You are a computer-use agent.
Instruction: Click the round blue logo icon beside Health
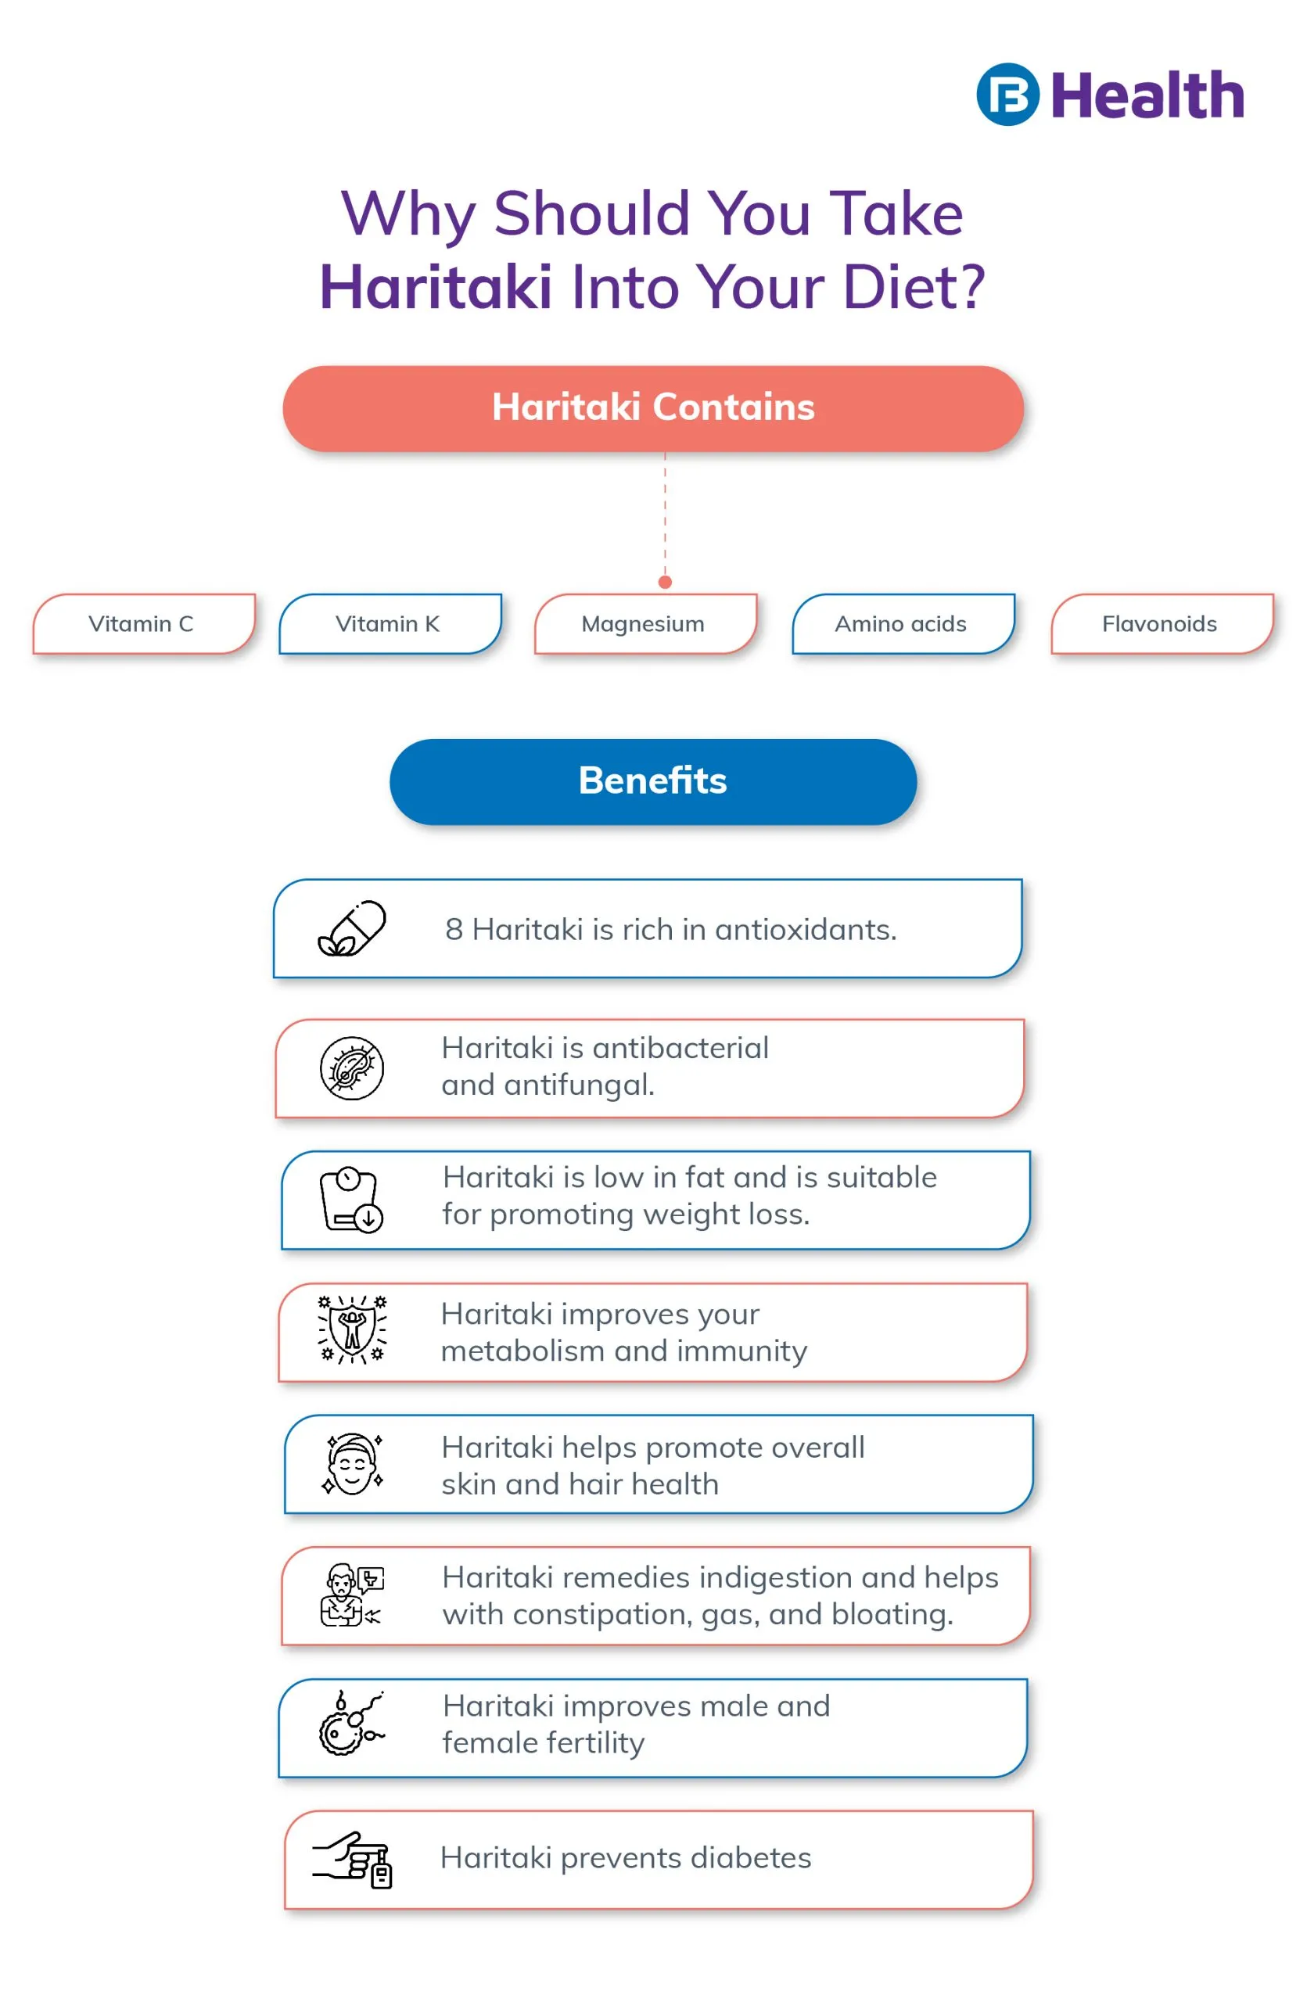coord(1007,94)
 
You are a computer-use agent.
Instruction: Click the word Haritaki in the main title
coord(435,288)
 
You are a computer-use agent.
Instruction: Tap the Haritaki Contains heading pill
coord(652,408)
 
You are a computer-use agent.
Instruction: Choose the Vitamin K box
coord(389,624)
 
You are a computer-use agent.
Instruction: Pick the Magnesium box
coord(645,624)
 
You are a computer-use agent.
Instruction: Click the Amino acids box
coord(903,624)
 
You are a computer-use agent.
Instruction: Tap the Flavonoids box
coord(1162,624)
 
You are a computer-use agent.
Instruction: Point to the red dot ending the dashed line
coord(666,582)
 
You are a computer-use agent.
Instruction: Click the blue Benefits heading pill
coord(652,781)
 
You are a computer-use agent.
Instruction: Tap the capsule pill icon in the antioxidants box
coord(353,928)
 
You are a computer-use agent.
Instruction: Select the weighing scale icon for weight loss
coord(351,1200)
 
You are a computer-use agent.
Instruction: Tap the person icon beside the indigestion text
coord(350,1595)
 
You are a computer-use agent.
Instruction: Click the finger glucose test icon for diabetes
coord(354,1859)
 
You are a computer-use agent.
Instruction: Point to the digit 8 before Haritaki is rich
coord(454,931)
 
